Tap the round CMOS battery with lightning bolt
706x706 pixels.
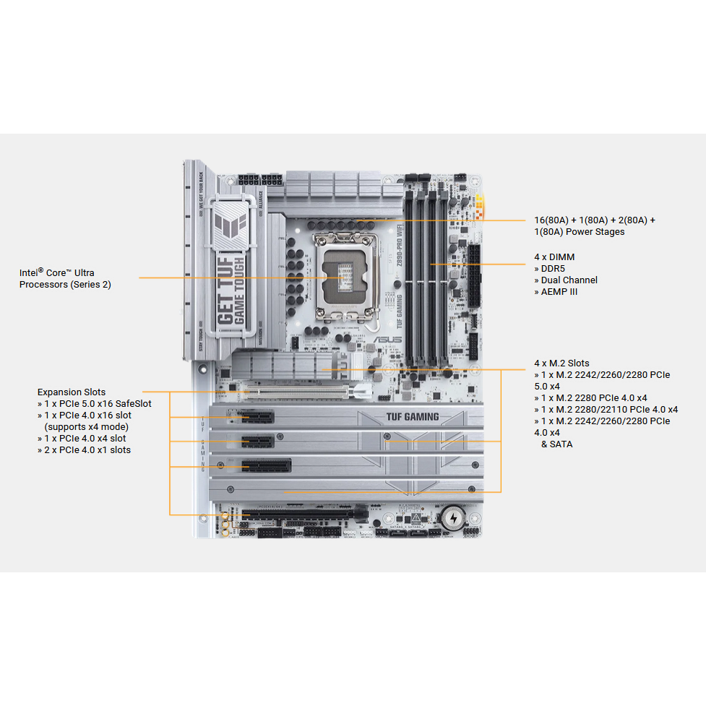click(452, 517)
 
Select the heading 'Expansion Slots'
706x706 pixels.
click(71, 392)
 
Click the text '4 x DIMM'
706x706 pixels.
click(554, 257)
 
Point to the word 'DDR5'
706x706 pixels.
click(556, 269)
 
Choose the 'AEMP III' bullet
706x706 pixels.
click(559, 292)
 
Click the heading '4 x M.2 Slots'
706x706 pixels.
click(561, 363)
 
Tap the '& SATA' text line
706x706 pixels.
click(556, 444)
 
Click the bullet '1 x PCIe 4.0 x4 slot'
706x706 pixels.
click(85, 439)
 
